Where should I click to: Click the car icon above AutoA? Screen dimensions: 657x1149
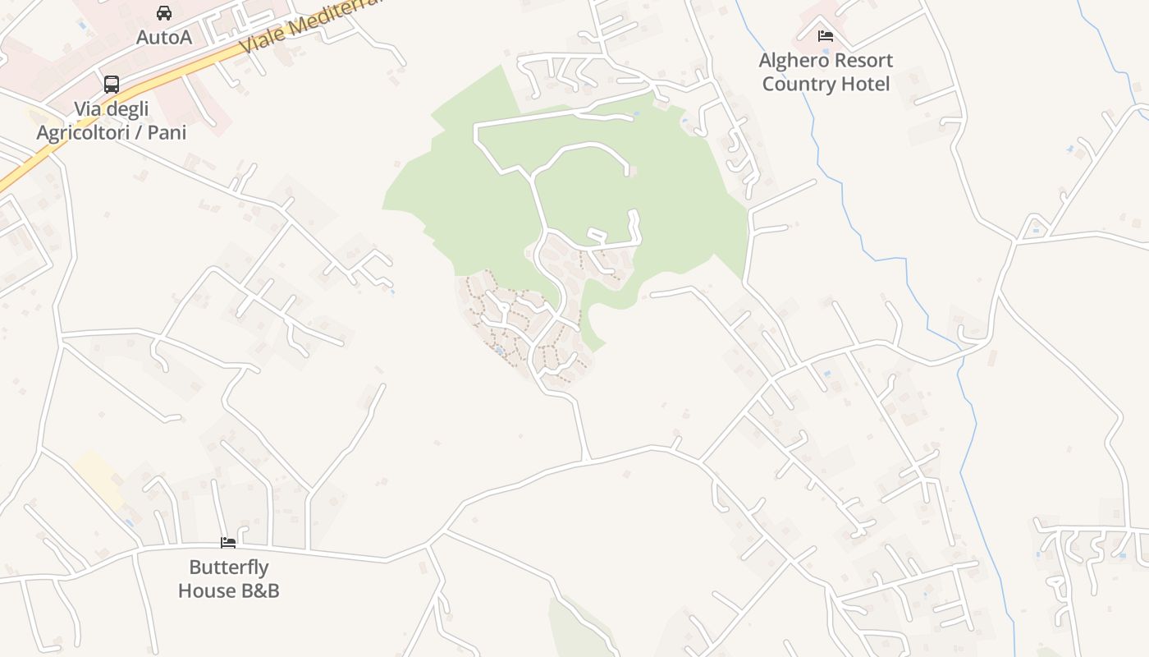pyautogui.click(x=164, y=13)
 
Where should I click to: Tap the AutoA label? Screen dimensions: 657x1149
pyautogui.click(x=164, y=37)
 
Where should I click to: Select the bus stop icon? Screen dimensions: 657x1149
pyautogui.click(x=112, y=84)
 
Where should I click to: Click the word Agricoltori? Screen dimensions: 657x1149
pyautogui.click(x=91, y=132)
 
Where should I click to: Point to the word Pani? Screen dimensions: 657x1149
pyautogui.click(x=170, y=132)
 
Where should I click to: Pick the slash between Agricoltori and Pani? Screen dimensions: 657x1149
pyautogui.click(x=150, y=132)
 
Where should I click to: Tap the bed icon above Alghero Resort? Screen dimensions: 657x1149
pyautogui.click(x=826, y=35)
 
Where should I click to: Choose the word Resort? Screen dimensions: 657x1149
pyautogui.click(x=861, y=61)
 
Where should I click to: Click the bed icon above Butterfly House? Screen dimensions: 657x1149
pyautogui.click(x=228, y=542)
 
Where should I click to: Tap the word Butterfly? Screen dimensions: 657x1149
pyautogui.click(x=229, y=567)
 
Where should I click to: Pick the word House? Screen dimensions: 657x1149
pyautogui.click(x=204, y=590)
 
